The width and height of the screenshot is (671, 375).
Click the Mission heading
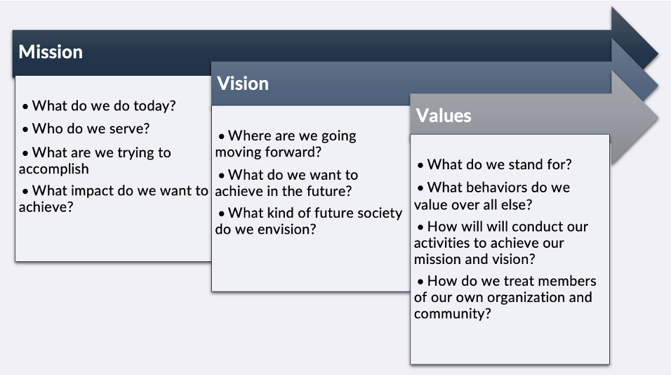[x=51, y=52]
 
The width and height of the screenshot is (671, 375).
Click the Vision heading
[x=243, y=84]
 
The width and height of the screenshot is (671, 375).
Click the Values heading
[x=444, y=116]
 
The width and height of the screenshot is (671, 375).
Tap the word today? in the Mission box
[x=154, y=106]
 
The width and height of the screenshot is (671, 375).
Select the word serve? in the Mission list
[x=131, y=129]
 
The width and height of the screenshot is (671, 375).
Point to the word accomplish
[x=53, y=169]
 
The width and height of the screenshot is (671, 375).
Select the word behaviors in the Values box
[x=498, y=187]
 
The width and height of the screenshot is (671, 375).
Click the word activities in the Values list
[x=441, y=243]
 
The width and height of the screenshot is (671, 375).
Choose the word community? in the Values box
[x=452, y=314]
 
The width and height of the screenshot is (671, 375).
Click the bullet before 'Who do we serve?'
[x=25, y=129]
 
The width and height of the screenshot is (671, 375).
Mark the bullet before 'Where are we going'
[x=221, y=136]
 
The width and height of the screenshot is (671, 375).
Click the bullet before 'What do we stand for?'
[x=420, y=165]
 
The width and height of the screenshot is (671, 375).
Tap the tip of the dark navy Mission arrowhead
[x=658, y=54]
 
